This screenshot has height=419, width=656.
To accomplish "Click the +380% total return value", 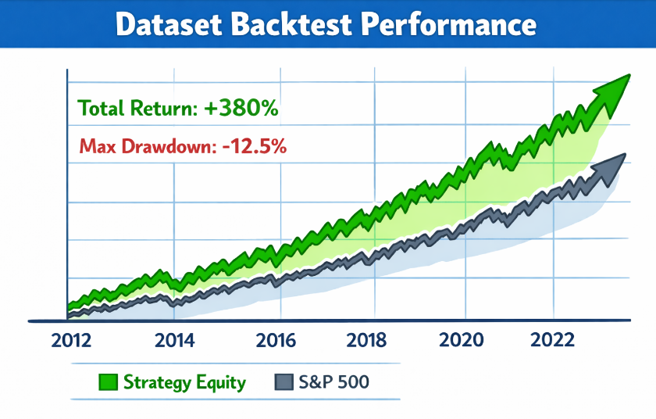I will coord(241,109).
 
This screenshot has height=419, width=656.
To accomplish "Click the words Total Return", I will coord(138,109).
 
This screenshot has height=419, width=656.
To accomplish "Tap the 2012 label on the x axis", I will coord(71,341).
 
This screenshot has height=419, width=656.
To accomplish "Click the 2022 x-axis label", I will coord(553,341).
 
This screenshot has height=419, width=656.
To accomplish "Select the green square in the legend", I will coord(109,383).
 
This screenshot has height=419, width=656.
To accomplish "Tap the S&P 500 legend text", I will coord(334,383).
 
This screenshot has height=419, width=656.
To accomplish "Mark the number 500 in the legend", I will coord(352,383).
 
